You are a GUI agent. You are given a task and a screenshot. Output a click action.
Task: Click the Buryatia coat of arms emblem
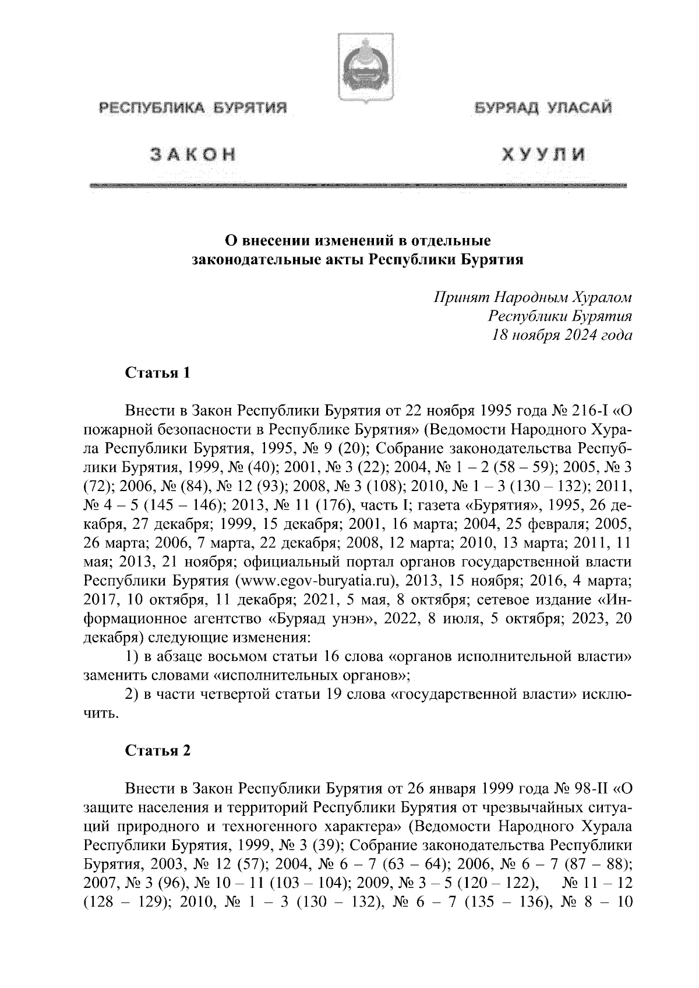click(357, 69)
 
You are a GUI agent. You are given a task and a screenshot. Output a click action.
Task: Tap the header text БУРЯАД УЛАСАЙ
click(542, 108)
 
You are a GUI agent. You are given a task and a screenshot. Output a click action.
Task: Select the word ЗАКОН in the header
click(193, 154)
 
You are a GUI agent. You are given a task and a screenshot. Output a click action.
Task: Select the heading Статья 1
click(157, 373)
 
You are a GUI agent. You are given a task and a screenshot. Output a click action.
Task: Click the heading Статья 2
click(157, 751)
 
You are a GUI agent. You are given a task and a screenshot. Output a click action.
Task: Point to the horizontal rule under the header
click(357, 184)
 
